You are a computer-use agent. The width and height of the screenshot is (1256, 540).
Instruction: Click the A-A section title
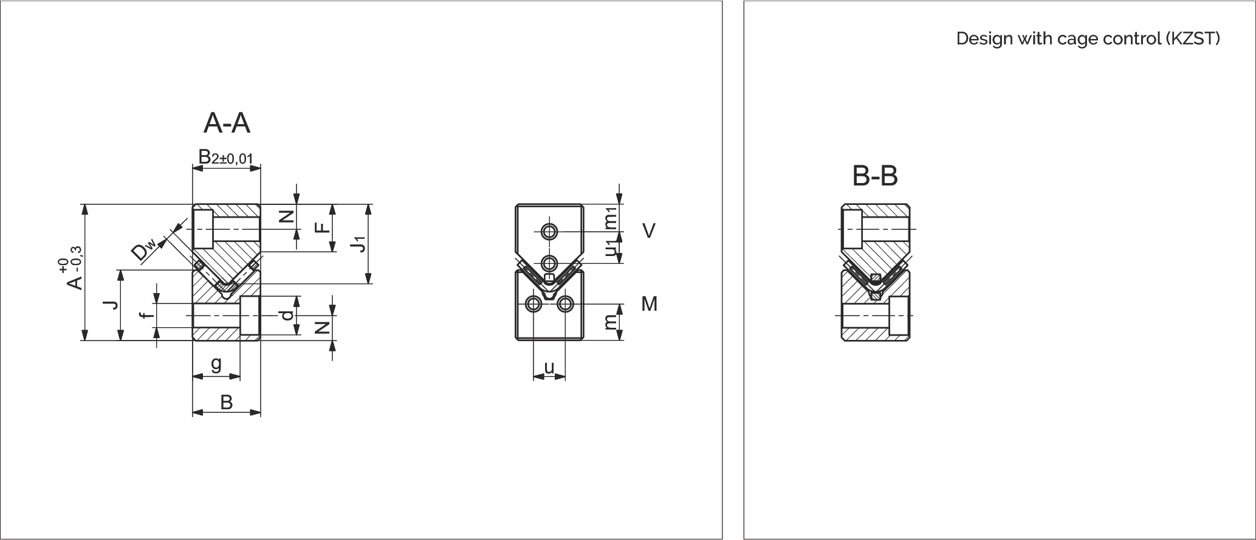click(x=227, y=123)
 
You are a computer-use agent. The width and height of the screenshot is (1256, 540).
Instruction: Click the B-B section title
click(x=875, y=176)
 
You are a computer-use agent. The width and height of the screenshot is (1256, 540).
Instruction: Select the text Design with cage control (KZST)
click(x=1088, y=38)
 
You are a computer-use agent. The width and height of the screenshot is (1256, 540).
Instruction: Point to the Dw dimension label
click(x=145, y=249)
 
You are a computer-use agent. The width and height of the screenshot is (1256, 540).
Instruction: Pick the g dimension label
click(x=216, y=364)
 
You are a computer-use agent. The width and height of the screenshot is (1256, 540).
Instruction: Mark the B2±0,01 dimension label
click(x=225, y=157)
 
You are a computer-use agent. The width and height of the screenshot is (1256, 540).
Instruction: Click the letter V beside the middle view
click(x=649, y=231)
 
